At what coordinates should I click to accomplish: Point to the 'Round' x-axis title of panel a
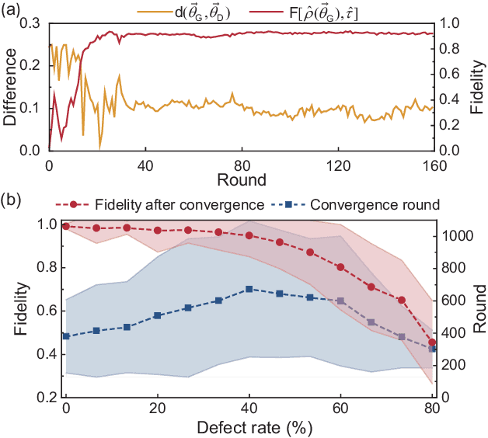(242, 181)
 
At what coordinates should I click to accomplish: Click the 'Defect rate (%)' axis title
(249, 427)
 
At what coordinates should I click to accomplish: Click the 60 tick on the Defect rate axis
(340, 409)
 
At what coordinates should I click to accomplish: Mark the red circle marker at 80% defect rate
(433, 342)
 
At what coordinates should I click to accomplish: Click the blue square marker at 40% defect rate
(249, 289)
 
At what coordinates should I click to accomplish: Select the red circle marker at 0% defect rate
(66, 226)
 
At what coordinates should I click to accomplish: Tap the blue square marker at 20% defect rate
(158, 315)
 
